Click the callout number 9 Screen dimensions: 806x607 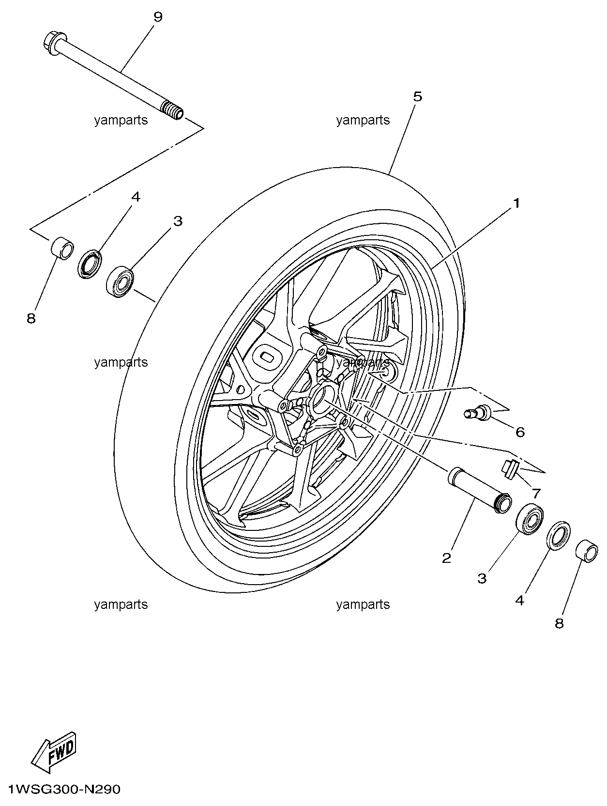pyautogui.click(x=158, y=17)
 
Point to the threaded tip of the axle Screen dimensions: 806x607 pyautogui.click(x=174, y=110)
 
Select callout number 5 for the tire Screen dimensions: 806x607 pyautogui.click(x=417, y=96)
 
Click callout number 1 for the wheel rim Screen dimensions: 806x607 pyautogui.click(x=516, y=203)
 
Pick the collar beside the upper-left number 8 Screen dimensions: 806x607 pyautogui.click(x=62, y=247)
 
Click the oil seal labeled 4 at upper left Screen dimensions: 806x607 pyautogui.click(x=90, y=264)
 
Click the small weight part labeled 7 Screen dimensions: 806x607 pyautogui.click(x=510, y=468)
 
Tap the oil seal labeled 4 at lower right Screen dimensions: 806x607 pyautogui.click(x=559, y=535)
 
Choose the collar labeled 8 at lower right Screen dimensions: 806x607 pyautogui.click(x=587, y=552)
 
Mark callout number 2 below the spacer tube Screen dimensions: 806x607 pyautogui.click(x=446, y=558)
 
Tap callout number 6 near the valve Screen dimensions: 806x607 pyautogui.click(x=520, y=432)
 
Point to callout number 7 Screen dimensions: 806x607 pyautogui.click(x=536, y=494)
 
